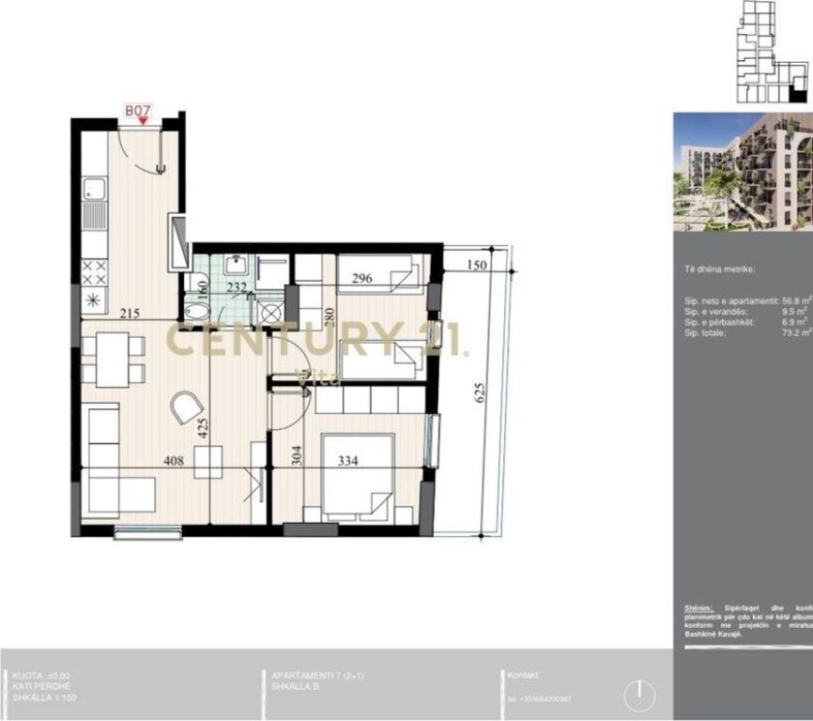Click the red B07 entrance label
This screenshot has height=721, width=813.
pyautogui.click(x=138, y=111)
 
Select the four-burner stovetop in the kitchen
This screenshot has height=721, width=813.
pyautogui.click(x=94, y=273)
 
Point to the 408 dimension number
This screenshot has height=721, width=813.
pyautogui.click(x=173, y=460)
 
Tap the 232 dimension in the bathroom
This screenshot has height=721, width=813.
pyautogui.click(x=237, y=288)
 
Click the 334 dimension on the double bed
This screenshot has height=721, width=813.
pyautogui.click(x=348, y=460)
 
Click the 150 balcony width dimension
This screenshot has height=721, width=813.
pyautogui.click(x=477, y=266)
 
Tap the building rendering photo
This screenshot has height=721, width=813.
pyautogui.click(x=743, y=172)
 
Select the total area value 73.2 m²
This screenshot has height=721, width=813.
pyautogui.click(x=796, y=332)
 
